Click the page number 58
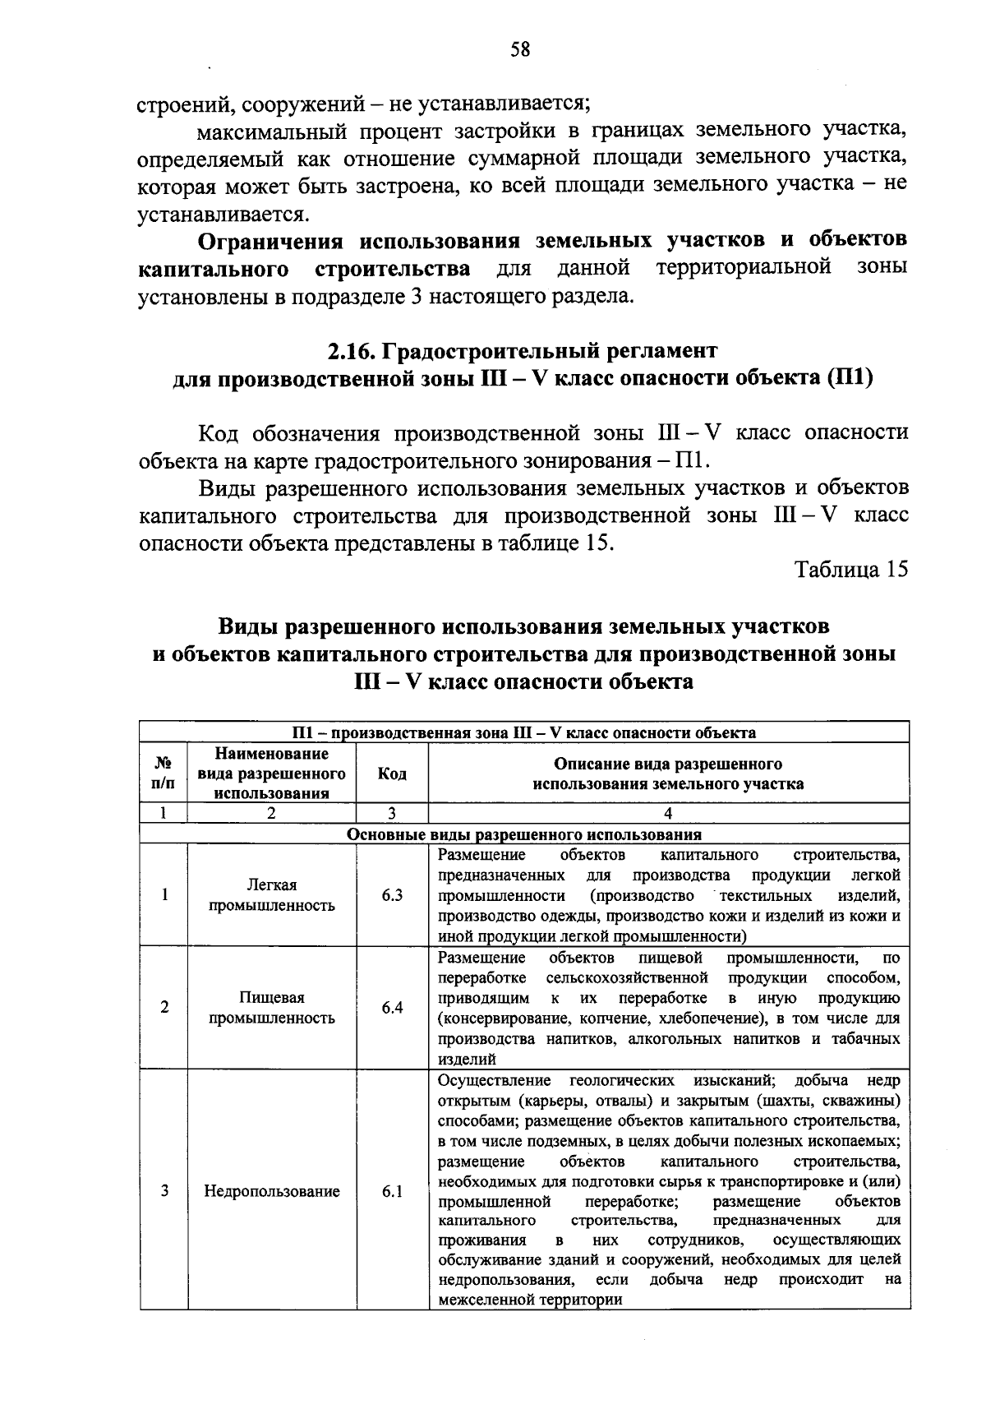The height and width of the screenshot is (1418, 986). [x=520, y=50]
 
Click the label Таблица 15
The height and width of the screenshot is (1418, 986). [x=851, y=570]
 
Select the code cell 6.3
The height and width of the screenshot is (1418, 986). [x=392, y=895]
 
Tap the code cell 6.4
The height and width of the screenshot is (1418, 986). [x=392, y=1007]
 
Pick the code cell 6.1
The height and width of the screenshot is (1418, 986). [x=392, y=1190]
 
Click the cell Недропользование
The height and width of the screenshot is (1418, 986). [x=271, y=1190]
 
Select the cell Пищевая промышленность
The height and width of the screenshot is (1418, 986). [x=271, y=1007]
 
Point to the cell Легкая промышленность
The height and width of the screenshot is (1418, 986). [x=271, y=895]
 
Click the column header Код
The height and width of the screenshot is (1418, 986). [x=392, y=774]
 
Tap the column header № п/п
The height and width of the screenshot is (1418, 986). [x=164, y=774]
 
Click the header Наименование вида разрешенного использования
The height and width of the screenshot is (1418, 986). [x=271, y=774]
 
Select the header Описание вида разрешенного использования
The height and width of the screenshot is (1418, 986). [x=668, y=774]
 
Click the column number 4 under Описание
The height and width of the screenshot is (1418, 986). [x=668, y=813]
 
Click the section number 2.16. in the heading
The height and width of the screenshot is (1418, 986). [x=352, y=351]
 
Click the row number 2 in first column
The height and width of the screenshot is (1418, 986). [x=164, y=1007]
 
